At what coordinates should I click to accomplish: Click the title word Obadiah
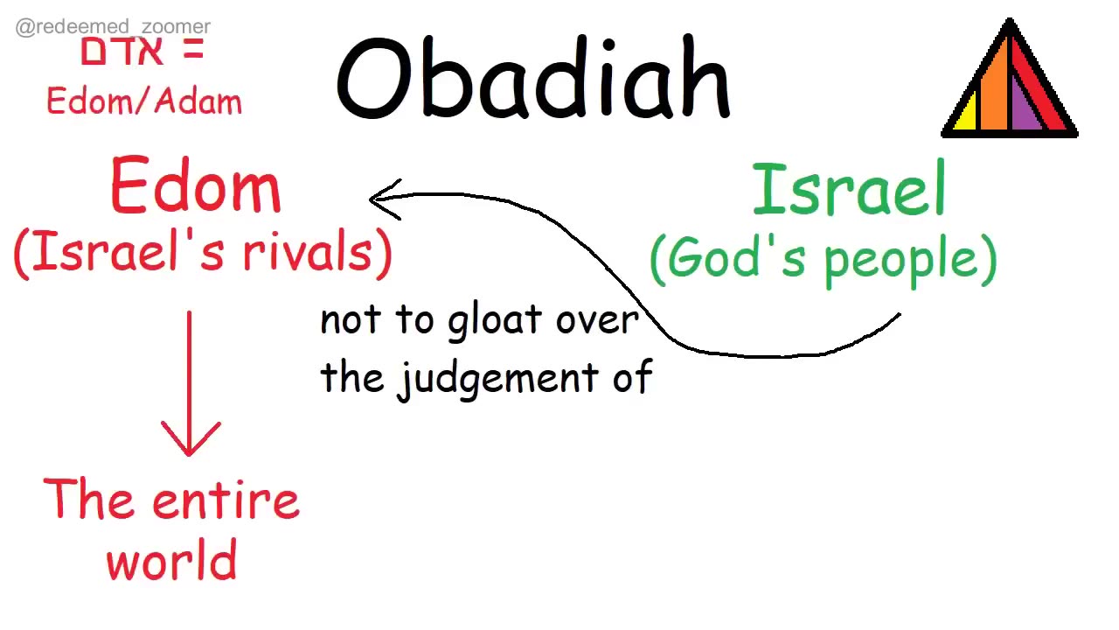(x=532, y=79)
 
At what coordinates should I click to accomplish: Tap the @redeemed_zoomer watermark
(x=113, y=27)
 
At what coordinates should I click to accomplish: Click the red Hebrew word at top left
(x=122, y=52)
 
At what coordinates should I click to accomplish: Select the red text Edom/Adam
(x=144, y=101)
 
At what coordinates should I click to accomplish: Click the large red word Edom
(x=196, y=187)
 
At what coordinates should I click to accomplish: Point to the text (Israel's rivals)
(x=203, y=253)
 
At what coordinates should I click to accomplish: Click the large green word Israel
(x=849, y=190)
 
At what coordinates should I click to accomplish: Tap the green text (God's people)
(x=823, y=260)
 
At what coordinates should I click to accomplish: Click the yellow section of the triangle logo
(x=965, y=116)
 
